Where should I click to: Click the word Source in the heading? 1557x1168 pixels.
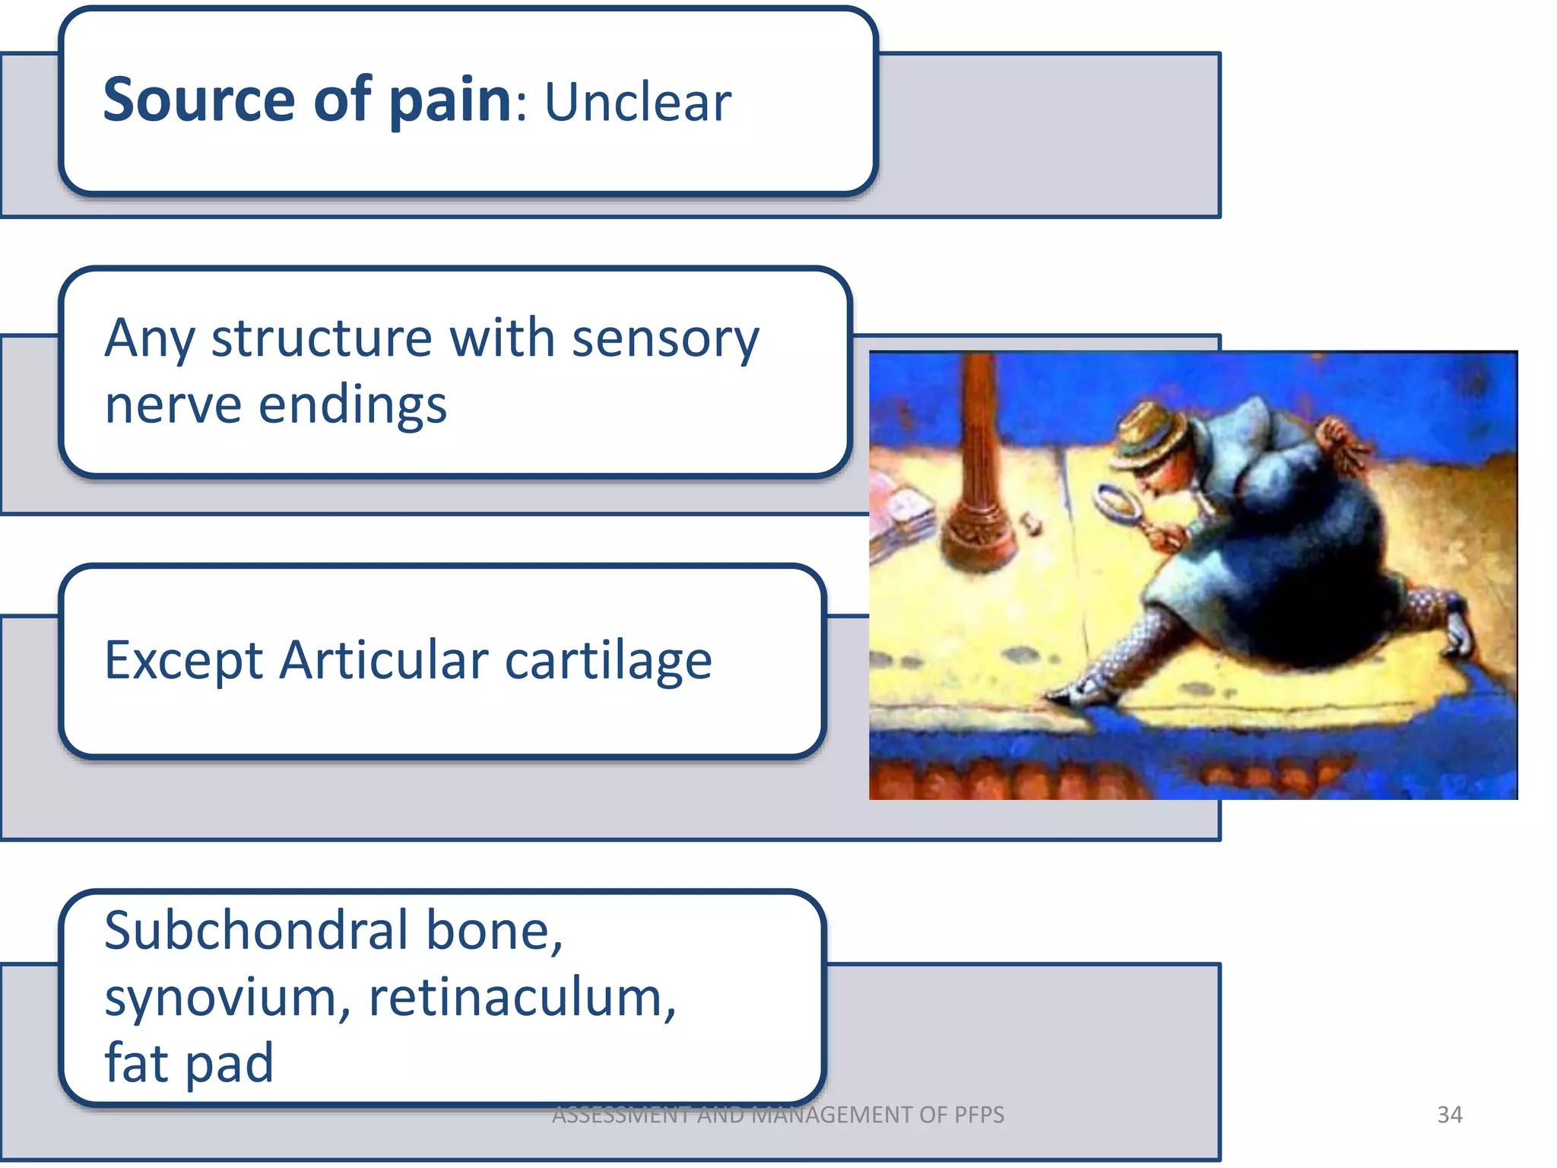[x=198, y=100]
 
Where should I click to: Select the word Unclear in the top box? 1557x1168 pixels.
[x=637, y=102]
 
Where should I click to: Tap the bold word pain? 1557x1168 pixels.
[x=450, y=102]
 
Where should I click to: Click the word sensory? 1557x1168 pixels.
[x=665, y=339]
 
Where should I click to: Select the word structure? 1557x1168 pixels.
[x=322, y=339]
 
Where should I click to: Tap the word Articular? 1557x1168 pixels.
[x=383, y=660]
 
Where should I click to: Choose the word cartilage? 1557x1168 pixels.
[x=608, y=662]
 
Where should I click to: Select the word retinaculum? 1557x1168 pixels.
[x=522, y=998]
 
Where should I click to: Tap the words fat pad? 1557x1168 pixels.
[x=189, y=1063]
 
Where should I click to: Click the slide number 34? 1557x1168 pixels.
[x=1449, y=1115]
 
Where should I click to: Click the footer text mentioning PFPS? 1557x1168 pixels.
[x=777, y=1115]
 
